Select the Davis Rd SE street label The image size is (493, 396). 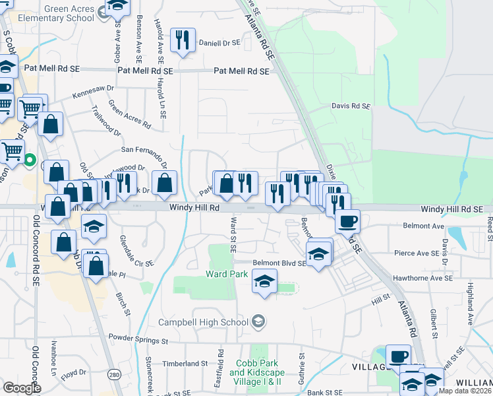coord(351,106)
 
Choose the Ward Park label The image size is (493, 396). coord(227,273)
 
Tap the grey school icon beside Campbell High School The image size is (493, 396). coord(259,321)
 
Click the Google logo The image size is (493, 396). coord(22,387)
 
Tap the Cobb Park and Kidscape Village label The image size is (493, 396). coord(256,372)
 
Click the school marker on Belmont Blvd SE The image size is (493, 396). coord(318,253)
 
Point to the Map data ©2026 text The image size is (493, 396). coord(466,391)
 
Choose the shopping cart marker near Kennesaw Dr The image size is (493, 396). coord(30,108)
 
